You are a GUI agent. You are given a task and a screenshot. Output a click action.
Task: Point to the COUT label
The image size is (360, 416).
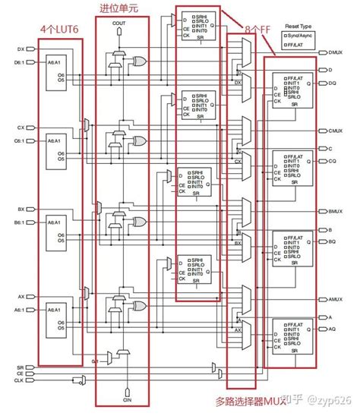(x=119, y=24)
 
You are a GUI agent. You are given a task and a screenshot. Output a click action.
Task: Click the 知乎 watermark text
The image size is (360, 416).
(x=292, y=401)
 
